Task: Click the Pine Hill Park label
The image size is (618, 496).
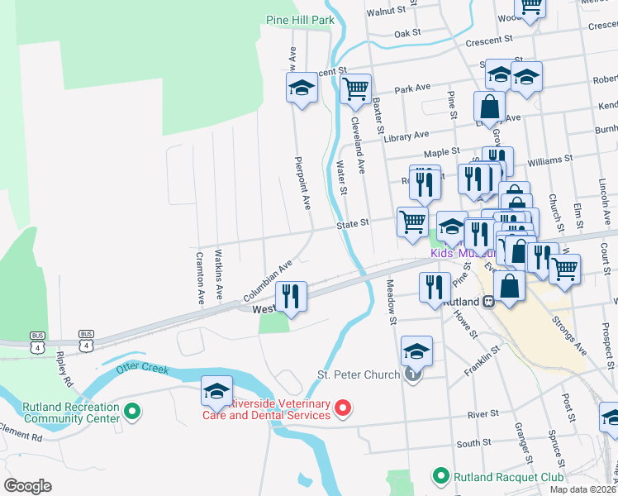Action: [299, 20]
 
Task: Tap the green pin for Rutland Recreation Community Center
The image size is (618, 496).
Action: [131, 410]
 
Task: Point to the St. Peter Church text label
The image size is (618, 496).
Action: [359, 375]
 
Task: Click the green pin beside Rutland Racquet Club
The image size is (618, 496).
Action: [441, 476]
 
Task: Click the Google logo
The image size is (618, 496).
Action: [27, 486]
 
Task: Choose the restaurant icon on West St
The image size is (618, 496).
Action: [291, 296]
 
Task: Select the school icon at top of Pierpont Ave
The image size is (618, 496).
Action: [302, 88]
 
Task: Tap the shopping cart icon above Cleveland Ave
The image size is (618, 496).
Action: [355, 88]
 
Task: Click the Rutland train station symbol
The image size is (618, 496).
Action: [488, 303]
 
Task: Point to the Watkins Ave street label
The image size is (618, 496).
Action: [219, 273]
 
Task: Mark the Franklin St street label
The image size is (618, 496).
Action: [483, 360]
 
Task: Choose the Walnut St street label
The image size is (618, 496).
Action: [388, 12]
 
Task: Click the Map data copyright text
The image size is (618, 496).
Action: [583, 489]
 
